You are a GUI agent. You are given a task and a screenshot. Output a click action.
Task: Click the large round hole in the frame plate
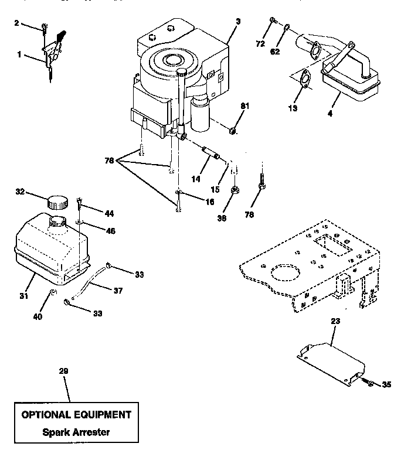tap(284, 274)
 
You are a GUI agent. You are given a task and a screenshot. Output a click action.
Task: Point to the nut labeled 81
tap(233, 130)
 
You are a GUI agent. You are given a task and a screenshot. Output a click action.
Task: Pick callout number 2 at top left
tap(16, 23)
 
